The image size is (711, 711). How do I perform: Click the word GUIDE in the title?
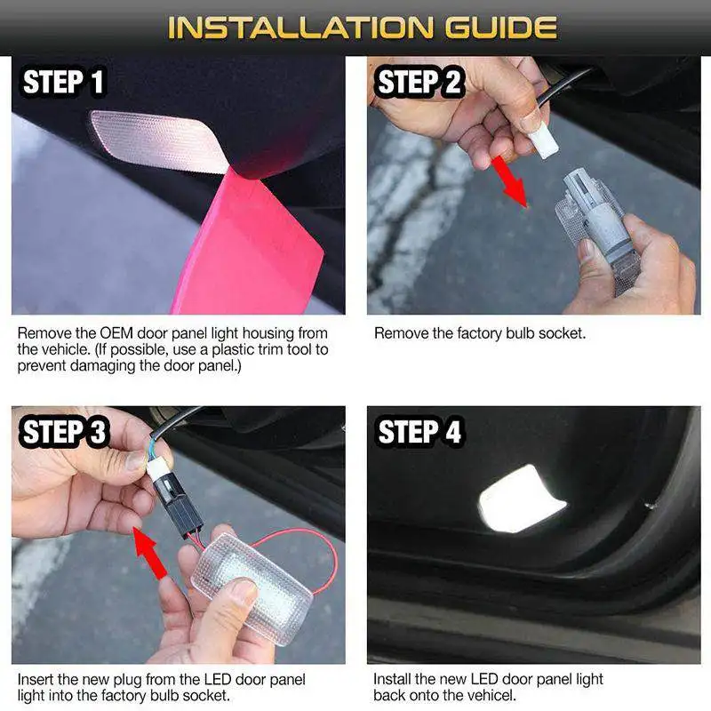coord(501,28)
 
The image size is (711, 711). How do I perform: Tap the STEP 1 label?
coord(63,82)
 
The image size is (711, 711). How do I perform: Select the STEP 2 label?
coord(419,82)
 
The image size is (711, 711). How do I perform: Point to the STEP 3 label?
coord(63,431)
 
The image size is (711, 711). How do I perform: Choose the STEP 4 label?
coord(419,431)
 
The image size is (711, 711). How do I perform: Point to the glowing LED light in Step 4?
coord(522,498)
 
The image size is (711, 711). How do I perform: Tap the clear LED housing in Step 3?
coord(252,588)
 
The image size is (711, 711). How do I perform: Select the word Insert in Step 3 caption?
coord(36,680)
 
